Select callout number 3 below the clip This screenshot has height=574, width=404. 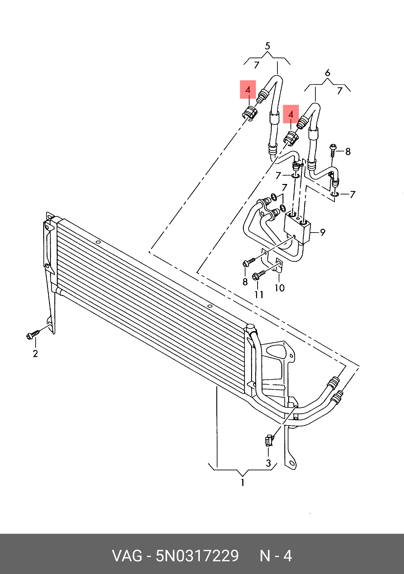(268, 463)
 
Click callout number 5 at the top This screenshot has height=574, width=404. (268, 46)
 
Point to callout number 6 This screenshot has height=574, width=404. (328, 73)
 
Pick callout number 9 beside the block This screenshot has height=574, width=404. (323, 232)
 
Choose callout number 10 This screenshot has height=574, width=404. (280, 288)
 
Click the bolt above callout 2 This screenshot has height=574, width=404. (33, 335)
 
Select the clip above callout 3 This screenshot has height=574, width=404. (269, 441)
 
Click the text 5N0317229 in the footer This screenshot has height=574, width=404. (197, 556)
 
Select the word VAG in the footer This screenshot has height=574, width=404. (127, 556)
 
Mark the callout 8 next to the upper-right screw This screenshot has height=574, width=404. (348, 151)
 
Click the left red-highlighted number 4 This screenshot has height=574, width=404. (248, 90)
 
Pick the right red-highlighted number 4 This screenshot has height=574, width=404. (291, 114)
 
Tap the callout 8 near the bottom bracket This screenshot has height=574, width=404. (245, 282)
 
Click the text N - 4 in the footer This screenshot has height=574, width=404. (276, 556)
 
